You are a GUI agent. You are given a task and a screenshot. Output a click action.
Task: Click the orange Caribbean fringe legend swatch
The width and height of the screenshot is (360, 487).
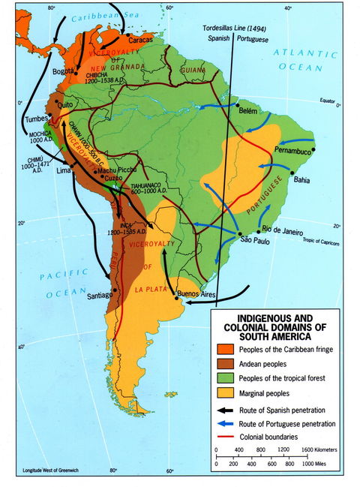[225, 349]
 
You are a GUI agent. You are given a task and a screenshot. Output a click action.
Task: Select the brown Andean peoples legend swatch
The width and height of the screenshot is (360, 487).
[225, 363]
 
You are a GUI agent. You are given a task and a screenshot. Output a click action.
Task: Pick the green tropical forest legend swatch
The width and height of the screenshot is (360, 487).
[225, 377]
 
